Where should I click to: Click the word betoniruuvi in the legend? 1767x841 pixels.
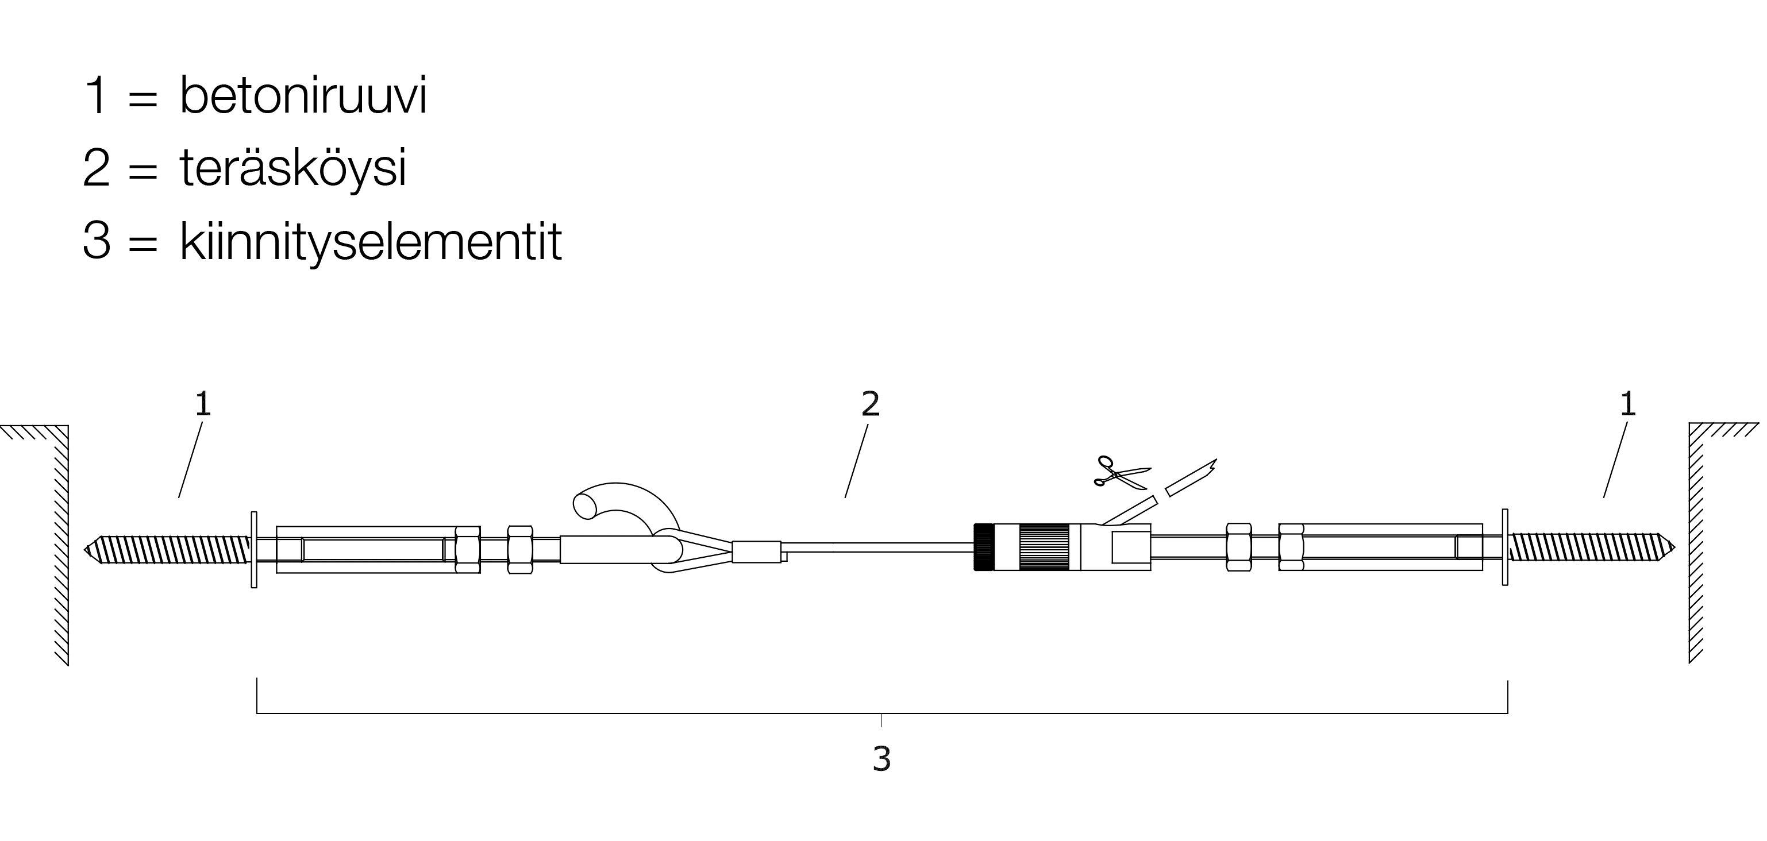(303, 95)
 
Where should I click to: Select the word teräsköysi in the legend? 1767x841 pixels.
(294, 168)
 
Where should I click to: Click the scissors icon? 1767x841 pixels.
(1122, 472)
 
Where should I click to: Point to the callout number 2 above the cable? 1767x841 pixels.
(871, 404)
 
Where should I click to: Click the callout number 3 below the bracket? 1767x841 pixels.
(881, 759)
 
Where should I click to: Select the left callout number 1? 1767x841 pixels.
(203, 404)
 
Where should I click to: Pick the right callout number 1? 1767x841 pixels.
(1628, 404)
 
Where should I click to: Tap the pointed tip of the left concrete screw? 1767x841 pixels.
(84, 549)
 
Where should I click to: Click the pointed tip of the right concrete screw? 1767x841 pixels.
(1675, 547)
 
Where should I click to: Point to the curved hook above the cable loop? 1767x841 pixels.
(624, 508)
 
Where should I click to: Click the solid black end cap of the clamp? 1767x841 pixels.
(984, 547)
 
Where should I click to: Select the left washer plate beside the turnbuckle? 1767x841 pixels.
(254, 549)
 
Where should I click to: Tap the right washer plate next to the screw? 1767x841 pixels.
(1505, 547)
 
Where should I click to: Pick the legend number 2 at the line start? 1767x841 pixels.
(96, 168)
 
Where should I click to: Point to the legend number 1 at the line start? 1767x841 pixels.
(97, 95)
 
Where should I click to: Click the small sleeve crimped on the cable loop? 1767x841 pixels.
(757, 551)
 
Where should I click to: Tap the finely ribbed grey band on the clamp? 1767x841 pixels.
(1044, 547)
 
